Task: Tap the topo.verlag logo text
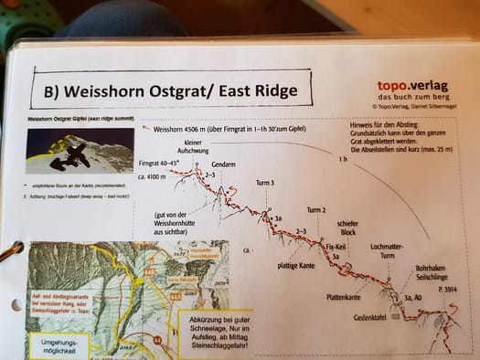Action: point(411,86)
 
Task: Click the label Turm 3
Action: point(265,184)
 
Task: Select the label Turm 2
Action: point(316,209)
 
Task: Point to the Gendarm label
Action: point(224,164)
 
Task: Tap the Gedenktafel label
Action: point(371,317)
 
